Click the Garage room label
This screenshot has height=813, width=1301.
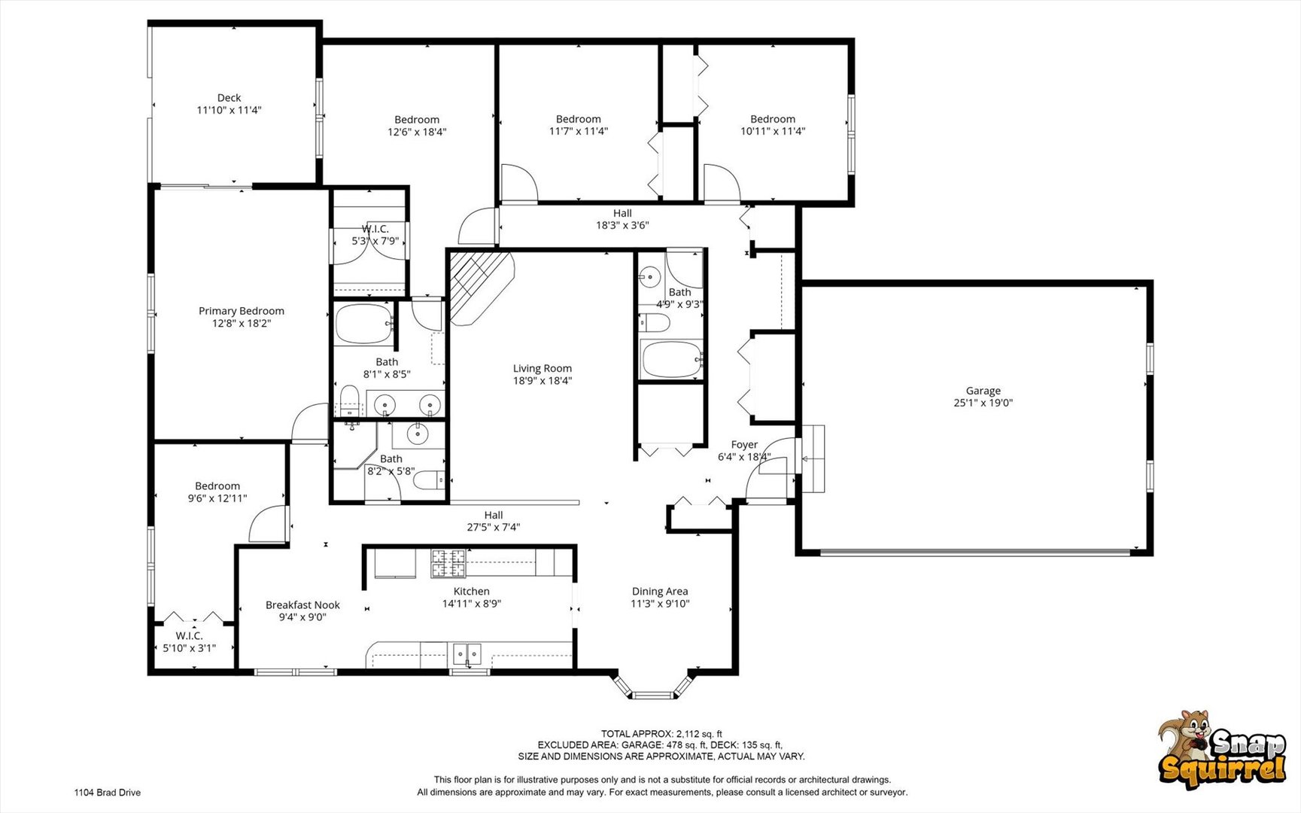983,391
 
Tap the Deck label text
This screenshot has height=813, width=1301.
229,98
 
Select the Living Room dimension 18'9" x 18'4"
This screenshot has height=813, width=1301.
543,381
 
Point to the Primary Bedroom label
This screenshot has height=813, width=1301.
242,311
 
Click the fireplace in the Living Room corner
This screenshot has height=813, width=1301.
480,288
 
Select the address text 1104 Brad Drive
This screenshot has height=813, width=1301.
107,793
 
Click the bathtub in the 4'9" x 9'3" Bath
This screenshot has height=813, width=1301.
670,360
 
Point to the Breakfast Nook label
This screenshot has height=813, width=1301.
302,605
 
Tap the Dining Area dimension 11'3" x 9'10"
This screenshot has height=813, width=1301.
660,604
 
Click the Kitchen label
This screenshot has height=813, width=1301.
472,592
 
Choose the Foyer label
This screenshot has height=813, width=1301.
744,445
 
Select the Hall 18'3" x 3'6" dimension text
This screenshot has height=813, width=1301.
622,225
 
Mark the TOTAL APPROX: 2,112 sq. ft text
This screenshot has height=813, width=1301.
661,734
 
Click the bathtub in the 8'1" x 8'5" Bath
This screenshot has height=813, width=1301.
364,324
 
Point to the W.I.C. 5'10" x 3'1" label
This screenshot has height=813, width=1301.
189,642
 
